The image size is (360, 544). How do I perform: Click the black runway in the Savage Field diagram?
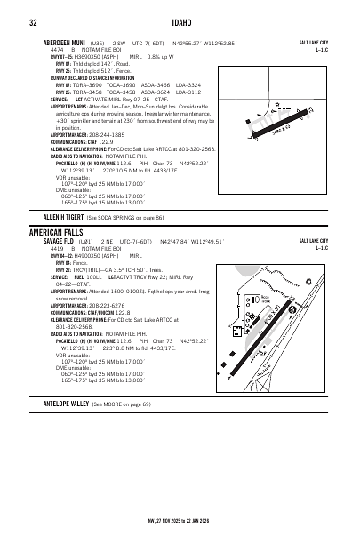coord(275,321)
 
